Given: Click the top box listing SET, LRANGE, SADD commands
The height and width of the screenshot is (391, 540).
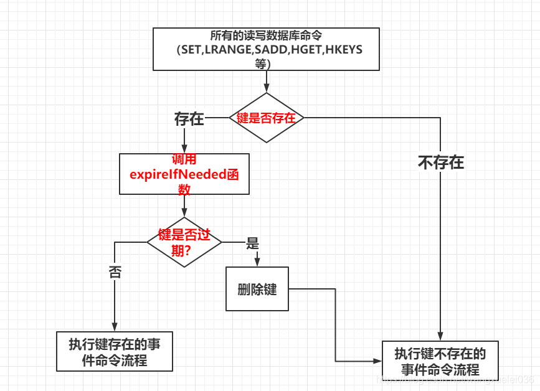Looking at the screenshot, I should tap(266, 49).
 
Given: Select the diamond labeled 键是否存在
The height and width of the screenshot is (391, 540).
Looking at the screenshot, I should tap(266, 118).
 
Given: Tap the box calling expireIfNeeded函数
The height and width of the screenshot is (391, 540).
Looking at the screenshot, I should tap(184, 174).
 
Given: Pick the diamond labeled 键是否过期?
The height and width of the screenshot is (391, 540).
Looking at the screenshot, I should tap(184, 242).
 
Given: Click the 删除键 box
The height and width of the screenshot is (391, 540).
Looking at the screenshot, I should tap(257, 290).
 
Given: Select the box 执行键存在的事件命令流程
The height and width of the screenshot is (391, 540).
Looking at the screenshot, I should tap(114, 352).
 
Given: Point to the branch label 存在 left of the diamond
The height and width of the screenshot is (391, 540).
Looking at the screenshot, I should tap(189, 119).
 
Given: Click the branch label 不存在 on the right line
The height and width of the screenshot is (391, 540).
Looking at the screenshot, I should tap(440, 163).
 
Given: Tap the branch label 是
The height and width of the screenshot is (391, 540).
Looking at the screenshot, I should tap(253, 243).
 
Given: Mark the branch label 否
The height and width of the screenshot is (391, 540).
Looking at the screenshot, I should tap(115, 271).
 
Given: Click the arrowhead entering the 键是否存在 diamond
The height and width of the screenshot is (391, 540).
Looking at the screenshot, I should tap(267, 89).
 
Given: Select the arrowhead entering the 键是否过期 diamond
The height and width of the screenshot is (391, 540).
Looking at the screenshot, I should tap(184, 213).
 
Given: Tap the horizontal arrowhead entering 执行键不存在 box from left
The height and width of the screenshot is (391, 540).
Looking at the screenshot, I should tap(377, 361).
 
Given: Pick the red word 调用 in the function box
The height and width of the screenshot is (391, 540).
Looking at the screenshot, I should tap(184, 159).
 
